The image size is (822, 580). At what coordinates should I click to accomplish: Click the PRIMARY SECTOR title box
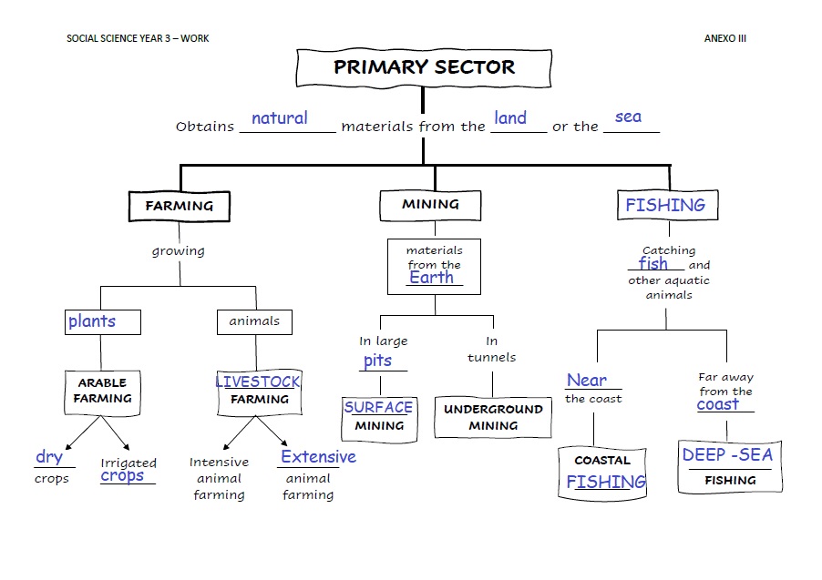click(424, 67)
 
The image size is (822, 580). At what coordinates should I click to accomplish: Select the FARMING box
click(180, 206)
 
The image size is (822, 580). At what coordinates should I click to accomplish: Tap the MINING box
click(430, 206)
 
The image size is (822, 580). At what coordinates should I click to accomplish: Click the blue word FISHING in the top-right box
click(665, 205)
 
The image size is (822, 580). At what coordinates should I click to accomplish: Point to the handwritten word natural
click(280, 118)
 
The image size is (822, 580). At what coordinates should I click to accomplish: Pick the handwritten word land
click(510, 117)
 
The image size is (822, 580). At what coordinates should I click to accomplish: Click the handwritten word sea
click(628, 117)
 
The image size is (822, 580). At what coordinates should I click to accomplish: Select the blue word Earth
click(432, 278)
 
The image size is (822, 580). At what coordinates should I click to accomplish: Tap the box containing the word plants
click(103, 321)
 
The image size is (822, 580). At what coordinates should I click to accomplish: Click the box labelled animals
click(254, 321)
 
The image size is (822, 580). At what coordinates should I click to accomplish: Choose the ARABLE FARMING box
click(102, 391)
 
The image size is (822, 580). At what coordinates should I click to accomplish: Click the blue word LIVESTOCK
click(258, 382)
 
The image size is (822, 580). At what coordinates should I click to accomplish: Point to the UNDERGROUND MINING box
click(493, 417)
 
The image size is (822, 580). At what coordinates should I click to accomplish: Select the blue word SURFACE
click(378, 408)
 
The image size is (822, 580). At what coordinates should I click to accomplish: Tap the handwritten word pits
click(377, 361)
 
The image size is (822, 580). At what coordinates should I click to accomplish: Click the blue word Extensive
click(318, 457)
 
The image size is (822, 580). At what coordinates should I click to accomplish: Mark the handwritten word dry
click(49, 457)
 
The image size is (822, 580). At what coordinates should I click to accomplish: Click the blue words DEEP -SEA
click(727, 455)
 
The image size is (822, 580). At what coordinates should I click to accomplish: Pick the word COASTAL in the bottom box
click(602, 461)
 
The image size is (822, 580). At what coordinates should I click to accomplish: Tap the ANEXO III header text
click(724, 38)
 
